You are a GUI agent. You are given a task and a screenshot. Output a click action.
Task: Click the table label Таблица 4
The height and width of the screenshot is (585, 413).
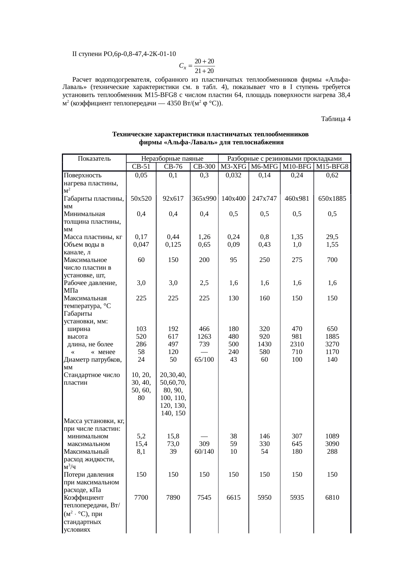click(335, 119)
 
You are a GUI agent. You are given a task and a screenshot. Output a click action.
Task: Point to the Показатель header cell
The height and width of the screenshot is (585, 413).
click(94, 159)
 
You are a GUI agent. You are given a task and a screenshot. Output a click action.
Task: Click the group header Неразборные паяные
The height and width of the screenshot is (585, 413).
click(172, 159)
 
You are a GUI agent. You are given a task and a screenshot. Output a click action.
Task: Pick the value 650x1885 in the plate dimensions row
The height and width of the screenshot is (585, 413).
click(332, 199)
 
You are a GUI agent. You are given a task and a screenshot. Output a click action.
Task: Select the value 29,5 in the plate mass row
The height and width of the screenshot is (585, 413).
click(332, 237)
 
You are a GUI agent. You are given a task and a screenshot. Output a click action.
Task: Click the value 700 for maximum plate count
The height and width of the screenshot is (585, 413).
click(332, 260)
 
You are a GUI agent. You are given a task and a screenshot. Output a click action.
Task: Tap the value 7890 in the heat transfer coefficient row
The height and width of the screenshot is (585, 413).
click(173, 498)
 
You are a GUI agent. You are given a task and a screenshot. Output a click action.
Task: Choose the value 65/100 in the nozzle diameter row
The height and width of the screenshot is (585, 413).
click(204, 360)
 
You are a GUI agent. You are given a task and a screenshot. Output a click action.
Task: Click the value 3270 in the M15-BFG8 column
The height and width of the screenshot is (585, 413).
click(332, 344)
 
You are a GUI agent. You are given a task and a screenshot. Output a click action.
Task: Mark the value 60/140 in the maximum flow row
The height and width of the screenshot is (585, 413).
click(204, 452)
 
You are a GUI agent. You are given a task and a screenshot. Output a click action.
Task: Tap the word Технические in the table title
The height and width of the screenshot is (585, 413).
click(132, 135)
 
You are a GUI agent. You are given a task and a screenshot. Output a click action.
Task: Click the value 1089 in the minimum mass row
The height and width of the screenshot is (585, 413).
click(332, 436)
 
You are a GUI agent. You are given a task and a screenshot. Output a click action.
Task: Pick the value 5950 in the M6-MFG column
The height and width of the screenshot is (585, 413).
click(264, 498)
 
